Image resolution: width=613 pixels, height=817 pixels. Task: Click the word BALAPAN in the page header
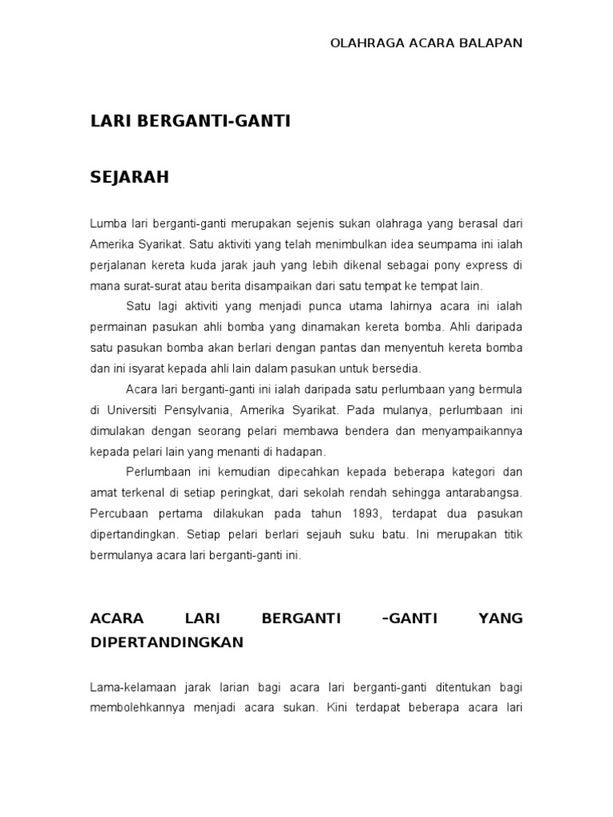491,43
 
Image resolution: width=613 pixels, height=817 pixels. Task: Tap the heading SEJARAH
129,177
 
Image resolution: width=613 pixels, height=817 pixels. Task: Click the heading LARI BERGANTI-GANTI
190,121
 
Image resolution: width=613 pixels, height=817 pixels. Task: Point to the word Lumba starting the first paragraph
108,223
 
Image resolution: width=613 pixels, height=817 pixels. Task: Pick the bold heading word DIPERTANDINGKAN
167,641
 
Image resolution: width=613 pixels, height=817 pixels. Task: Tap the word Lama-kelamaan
133,686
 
